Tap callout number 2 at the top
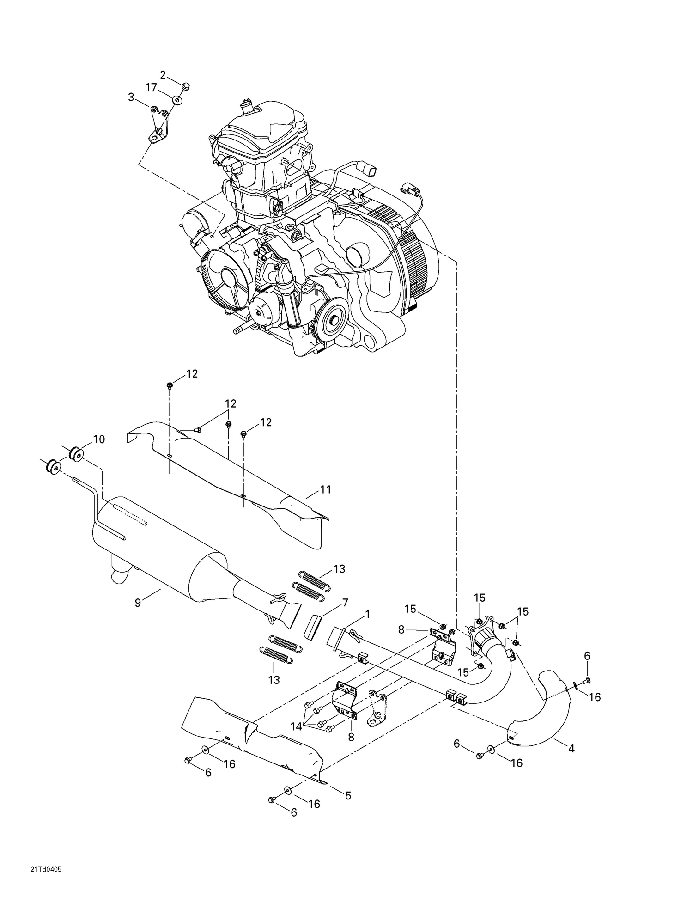(x=163, y=74)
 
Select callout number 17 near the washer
(x=152, y=87)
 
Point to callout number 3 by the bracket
(x=131, y=97)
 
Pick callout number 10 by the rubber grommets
(x=99, y=439)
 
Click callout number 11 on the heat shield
(x=326, y=489)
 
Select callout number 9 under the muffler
(x=138, y=603)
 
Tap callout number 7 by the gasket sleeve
(x=345, y=602)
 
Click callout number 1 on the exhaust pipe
(x=367, y=614)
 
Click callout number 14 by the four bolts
(x=296, y=726)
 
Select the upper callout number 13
(x=339, y=569)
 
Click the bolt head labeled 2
(x=186, y=86)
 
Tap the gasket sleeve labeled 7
(x=314, y=626)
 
